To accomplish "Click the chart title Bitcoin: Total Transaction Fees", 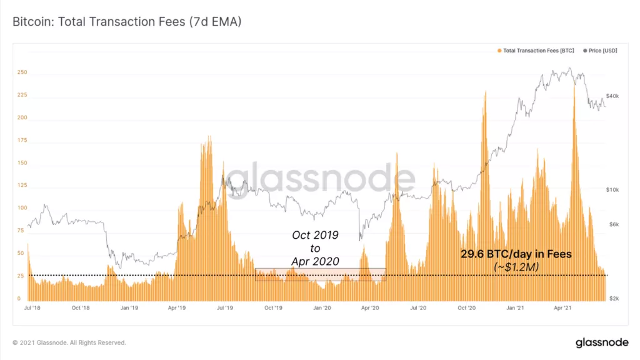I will click(127, 22).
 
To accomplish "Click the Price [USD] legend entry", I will click(600, 51).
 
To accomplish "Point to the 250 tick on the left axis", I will click(21, 72).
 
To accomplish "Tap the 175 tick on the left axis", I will click(21, 141).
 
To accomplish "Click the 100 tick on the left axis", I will click(21, 208).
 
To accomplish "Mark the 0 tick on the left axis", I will click(19, 299).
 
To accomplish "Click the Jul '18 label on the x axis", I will click(32, 308).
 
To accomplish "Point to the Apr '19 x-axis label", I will click(177, 308).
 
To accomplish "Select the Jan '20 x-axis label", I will click(322, 308).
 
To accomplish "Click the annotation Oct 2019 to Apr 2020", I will click(315, 248).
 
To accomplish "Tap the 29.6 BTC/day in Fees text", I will click(516, 255).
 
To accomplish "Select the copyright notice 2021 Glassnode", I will click(69, 342).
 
